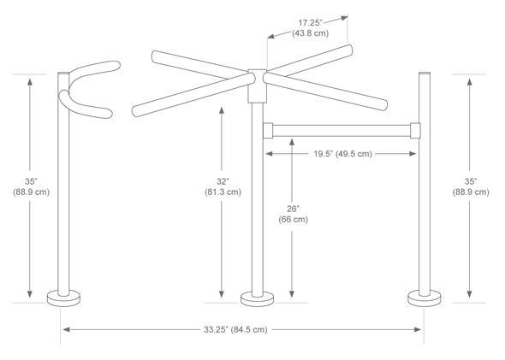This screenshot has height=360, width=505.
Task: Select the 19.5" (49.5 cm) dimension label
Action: coord(341,154)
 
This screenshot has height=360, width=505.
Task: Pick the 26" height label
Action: coord(293,208)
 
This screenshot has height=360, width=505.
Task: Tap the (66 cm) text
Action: coord(293,220)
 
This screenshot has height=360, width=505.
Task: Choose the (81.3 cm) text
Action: coord(223,192)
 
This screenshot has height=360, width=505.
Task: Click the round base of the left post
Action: coord(62,298)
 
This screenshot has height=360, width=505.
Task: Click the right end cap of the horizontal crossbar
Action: coord(416,130)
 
